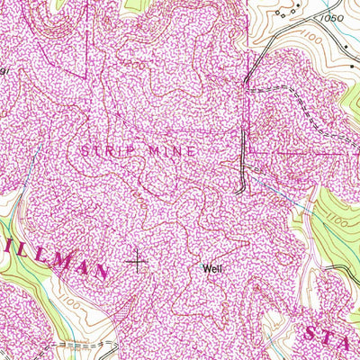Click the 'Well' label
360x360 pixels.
213,268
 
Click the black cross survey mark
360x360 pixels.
137,262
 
